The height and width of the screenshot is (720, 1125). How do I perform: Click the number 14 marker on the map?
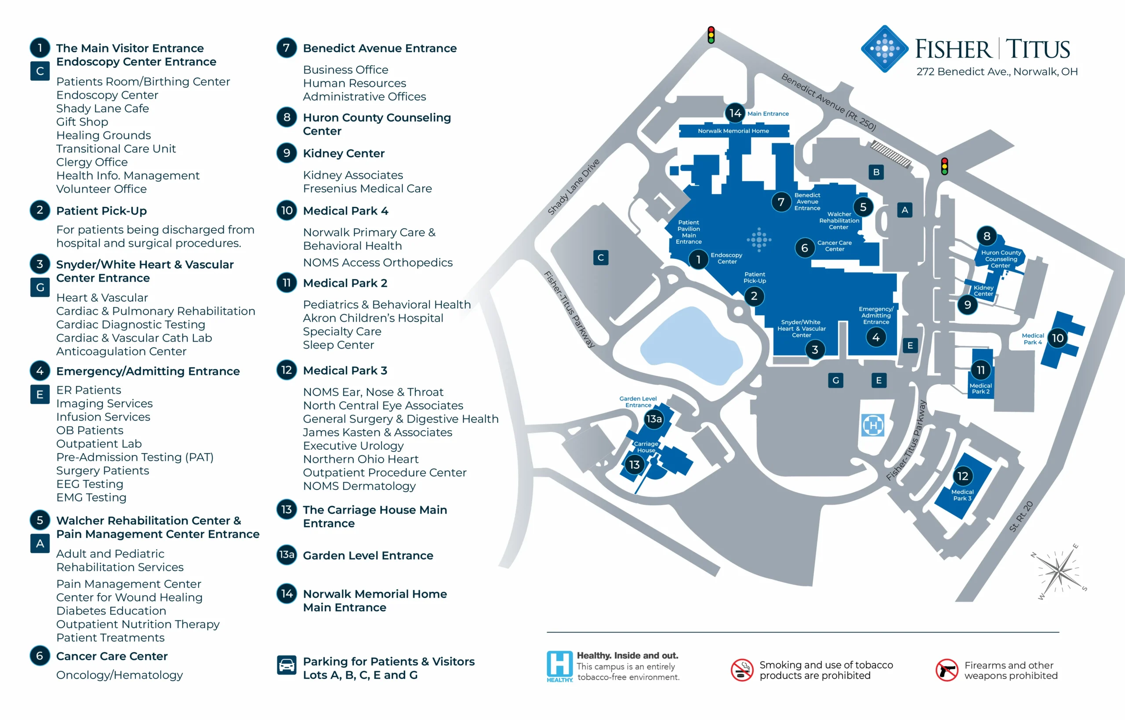(735, 113)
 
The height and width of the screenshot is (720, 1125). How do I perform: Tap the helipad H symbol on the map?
(873, 425)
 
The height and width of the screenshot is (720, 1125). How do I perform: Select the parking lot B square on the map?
(876, 172)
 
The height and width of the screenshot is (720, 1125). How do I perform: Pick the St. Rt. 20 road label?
(1021, 517)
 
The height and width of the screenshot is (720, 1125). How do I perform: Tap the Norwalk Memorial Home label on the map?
(733, 131)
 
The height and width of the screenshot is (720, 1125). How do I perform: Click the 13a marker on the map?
(654, 419)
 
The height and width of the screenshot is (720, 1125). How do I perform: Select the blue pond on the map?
(690, 346)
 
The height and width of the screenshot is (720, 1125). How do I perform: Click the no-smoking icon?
(742, 670)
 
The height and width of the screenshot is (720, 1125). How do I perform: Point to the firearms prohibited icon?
(947, 670)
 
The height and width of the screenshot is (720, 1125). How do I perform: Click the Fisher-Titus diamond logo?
(885, 49)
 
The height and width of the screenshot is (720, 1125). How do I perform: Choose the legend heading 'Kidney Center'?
(344, 153)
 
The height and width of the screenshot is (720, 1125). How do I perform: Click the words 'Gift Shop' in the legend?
(82, 122)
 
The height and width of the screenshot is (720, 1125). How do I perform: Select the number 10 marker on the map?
(1058, 338)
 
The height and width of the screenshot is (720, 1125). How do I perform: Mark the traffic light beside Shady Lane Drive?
(711, 35)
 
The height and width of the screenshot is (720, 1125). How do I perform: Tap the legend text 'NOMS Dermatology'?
(359, 486)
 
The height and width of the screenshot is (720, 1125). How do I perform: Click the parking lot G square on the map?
(835, 381)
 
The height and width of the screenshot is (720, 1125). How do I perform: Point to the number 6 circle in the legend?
(40, 656)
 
